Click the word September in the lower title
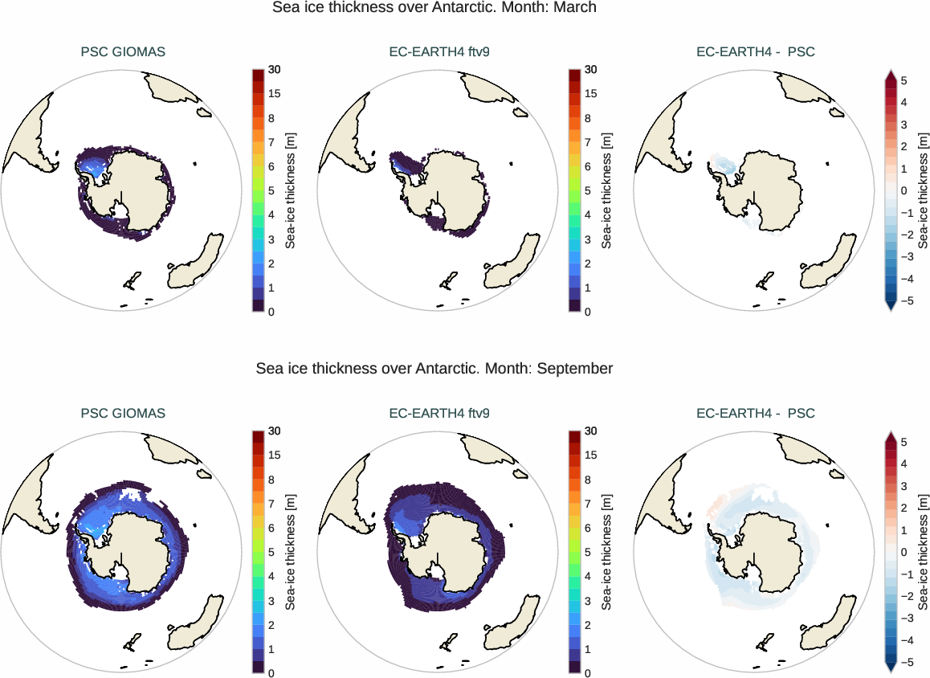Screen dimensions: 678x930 pyautogui.click(x=575, y=369)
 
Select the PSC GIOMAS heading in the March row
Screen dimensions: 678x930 pyautogui.click(x=123, y=52)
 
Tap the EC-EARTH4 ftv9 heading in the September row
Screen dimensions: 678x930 pyautogui.click(x=439, y=414)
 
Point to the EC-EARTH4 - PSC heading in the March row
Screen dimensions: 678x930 pyautogui.click(x=755, y=52)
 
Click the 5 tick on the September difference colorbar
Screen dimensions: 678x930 pyautogui.click(x=904, y=442)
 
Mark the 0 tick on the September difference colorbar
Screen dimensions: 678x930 pyautogui.click(x=904, y=552)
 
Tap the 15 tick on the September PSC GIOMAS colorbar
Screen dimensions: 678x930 pyautogui.click(x=275, y=455)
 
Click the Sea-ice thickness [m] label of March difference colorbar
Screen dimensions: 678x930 pyautogui.click(x=924, y=190)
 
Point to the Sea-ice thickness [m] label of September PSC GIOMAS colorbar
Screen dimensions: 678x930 pyautogui.click(x=290, y=552)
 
